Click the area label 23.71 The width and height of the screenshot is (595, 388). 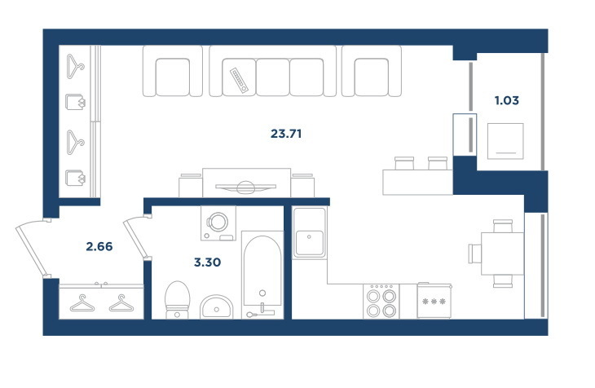pyautogui.click(x=286, y=134)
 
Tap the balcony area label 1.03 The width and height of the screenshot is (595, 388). pyautogui.click(x=507, y=100)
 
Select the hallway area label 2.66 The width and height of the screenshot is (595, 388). pyautogui.click(x=99, y=247)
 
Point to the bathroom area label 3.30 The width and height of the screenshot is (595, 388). pyautogui.click(x=207, y=262)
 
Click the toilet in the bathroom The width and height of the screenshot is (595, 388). pyautogui.click(x=177, y=299)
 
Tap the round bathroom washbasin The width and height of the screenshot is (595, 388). pyautogui.click(x=217, y=306)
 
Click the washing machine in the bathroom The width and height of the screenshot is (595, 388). pyautogui.click(x=218, y=223)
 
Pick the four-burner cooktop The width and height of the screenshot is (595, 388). pyautogui.click(x=381, y=302)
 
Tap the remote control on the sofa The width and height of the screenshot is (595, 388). pyautogui.click(x=239, y=80)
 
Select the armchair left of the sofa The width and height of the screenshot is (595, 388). pyautogui.click(x=173, y=72)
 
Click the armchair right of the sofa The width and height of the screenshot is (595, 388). pyautogui.click(x=372, y=72)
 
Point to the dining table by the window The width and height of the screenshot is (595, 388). pyautogui.click(x=502, y=254)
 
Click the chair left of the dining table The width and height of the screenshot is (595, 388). pyautogui.click(x=474, y=254)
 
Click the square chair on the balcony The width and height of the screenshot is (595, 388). pyautogui.click(x=505, y=141)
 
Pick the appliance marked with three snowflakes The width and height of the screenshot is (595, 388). pyautogui.click(x=434, y=301)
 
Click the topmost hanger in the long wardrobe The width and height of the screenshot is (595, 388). pyautogui.click(x=75, y=67)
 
